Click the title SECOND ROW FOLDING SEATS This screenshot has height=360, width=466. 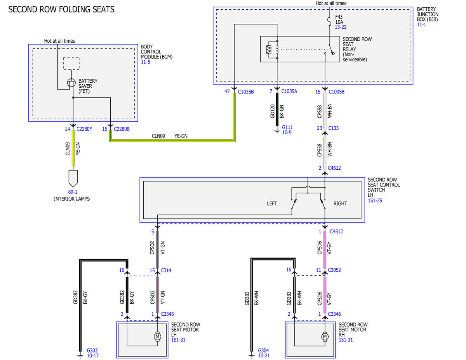tap(61, 9)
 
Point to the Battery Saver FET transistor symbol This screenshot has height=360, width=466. tap(71, 83)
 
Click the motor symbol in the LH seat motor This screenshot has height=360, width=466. tap(158, 336)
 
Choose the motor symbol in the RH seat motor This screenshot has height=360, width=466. tap(325, 336)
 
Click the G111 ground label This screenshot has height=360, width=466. tap(287, 127)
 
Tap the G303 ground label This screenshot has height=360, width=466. tap(92, 350)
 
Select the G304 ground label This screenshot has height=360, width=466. tap(263, 350)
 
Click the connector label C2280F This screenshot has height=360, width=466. tap(84, 129)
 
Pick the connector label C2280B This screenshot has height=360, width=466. tap(122, 129)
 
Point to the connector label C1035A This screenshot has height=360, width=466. tap(289, 92)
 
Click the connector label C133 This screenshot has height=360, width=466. tap(334, 128)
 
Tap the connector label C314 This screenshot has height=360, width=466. tap(166, 270)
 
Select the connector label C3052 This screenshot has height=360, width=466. tap(334, 270)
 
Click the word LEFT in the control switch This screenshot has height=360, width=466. tap(272, 203)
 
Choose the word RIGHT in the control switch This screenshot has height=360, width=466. tap(340, 203)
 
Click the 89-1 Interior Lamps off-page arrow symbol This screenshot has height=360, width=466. tap(73, 178)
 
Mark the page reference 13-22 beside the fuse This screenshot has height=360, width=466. tap(341, 27)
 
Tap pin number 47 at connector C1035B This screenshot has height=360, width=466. tap(227, 92)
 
